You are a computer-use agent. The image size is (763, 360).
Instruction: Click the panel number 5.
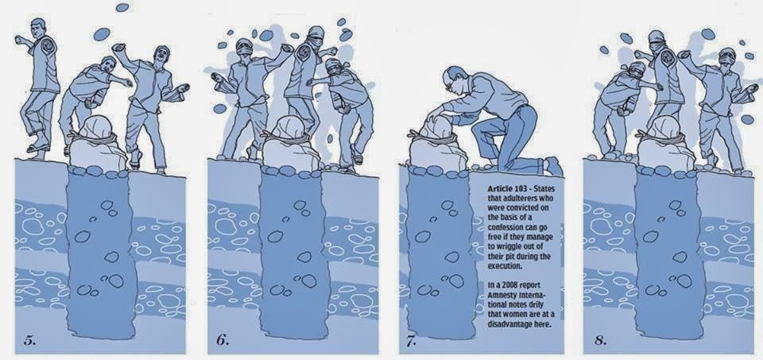(x=30, y=341)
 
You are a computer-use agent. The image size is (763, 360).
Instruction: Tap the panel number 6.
(x=222, y=341)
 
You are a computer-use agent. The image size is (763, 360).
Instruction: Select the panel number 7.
(x=412, y=341)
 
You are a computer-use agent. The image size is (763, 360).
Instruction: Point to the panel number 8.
(x=601, y=341)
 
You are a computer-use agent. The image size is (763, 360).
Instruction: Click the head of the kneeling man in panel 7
(x=455, y=80)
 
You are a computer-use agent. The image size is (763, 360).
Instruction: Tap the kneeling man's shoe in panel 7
(x=553, y=166)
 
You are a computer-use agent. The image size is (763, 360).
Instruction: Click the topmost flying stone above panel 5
(x=122, y=7)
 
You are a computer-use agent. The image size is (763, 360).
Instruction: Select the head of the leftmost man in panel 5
(x=38, y=29)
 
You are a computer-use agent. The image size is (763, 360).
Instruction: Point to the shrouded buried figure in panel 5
(x=97, y=144)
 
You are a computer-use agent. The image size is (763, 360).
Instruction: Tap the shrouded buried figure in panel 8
(x=665, y=144)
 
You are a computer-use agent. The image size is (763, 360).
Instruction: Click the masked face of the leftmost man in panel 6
(x=244, y=48)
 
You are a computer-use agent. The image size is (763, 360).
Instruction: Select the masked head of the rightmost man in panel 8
(x=726, y=58)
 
